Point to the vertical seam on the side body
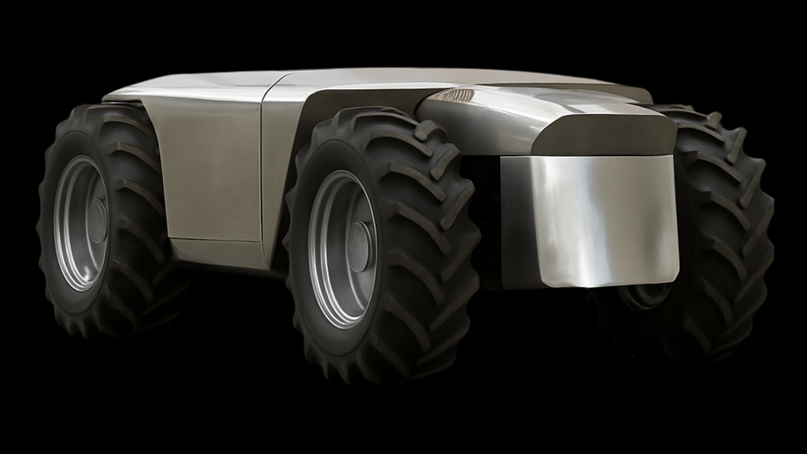point(263,173)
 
